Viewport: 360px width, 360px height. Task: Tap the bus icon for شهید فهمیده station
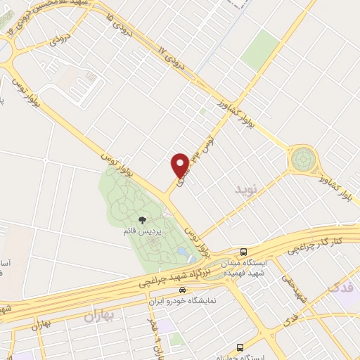coord(243,252)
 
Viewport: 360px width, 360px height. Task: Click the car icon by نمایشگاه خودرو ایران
coord(182,289)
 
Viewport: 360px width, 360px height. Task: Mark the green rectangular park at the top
coord(261,49)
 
